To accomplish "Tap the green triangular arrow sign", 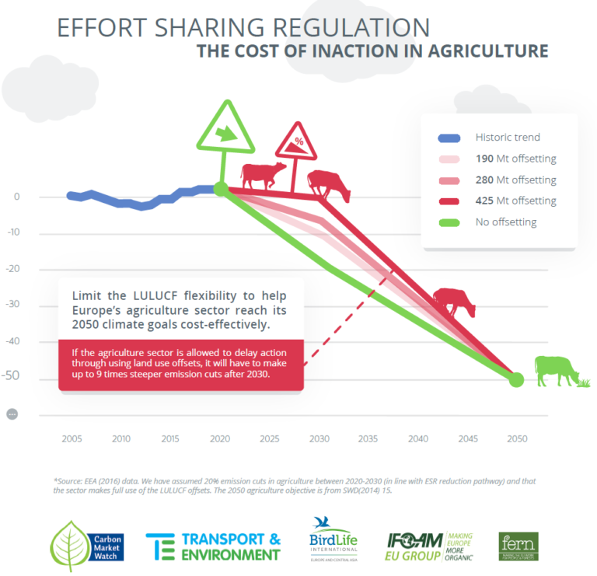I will click(226, 131).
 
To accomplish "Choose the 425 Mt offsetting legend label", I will click(515, 201).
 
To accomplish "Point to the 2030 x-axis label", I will click(319, 439).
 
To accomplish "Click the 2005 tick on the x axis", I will click(72, 439).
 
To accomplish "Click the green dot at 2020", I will click(221, 189).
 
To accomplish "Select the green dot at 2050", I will click(516, 379).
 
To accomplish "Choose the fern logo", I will click(518, 546).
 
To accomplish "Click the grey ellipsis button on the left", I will click(12, 414).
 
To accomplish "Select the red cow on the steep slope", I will click(454, 301).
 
